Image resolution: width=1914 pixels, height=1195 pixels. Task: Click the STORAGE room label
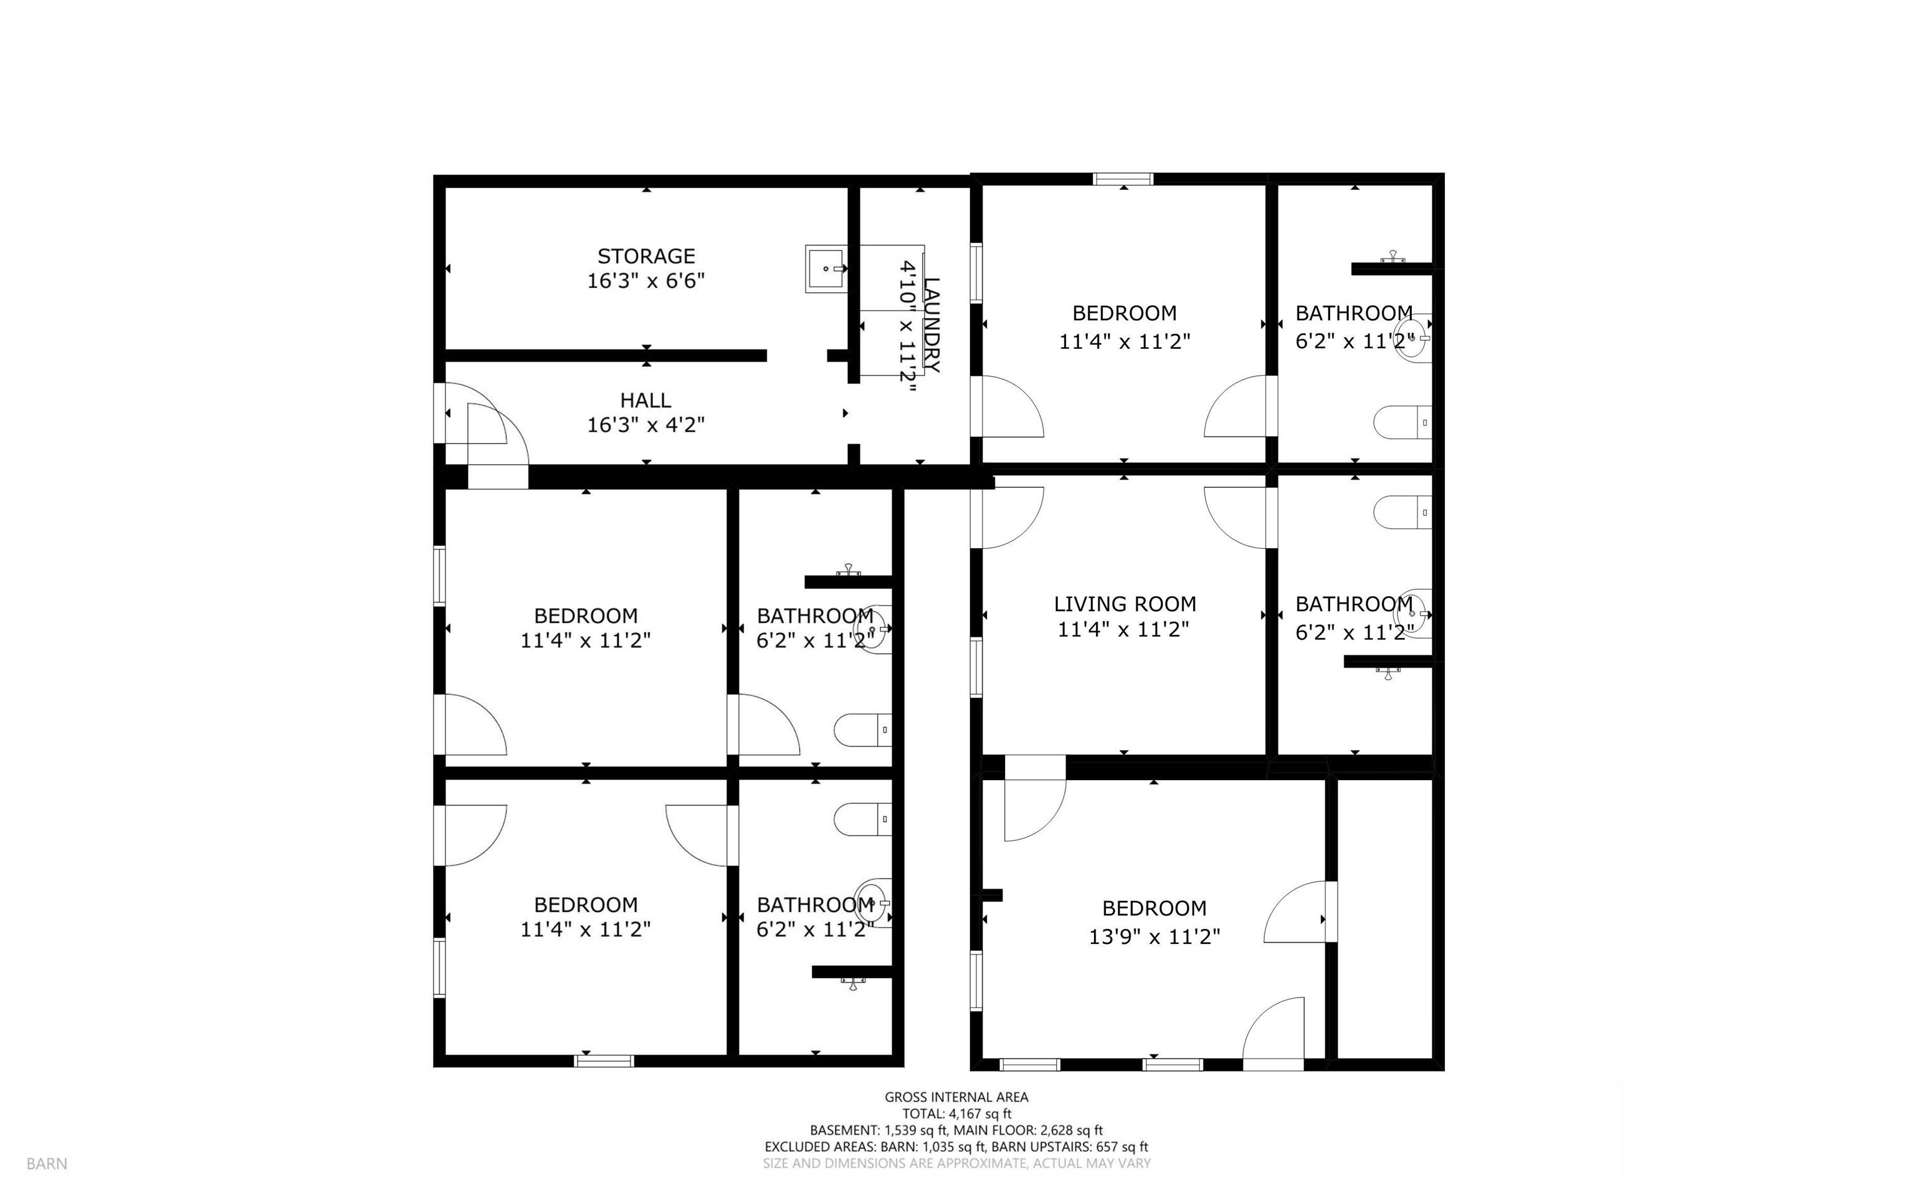645,256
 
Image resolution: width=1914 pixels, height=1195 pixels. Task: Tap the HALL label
645,400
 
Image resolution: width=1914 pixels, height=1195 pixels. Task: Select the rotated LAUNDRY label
931,325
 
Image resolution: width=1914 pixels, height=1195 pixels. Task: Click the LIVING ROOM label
1125,604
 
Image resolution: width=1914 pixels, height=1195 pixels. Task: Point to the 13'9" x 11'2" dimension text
1155,936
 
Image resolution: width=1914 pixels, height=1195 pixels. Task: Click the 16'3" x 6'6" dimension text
645,280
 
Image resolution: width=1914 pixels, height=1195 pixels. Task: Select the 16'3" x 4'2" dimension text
645,425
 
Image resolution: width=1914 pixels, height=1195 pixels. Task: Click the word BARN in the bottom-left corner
47,1163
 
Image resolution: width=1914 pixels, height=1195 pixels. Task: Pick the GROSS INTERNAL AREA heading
956,1097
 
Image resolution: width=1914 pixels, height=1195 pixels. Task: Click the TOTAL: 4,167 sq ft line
957,1113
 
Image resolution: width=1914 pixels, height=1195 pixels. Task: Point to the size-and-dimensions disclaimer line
956,1163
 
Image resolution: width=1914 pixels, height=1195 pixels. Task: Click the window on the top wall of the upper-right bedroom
1123,179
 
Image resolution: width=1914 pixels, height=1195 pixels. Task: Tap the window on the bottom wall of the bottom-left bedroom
604,1060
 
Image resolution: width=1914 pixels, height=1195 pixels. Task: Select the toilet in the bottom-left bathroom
863,819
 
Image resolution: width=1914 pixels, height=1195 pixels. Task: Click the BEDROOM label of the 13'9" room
1155,908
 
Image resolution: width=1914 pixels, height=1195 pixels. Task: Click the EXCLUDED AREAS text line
956,1147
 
